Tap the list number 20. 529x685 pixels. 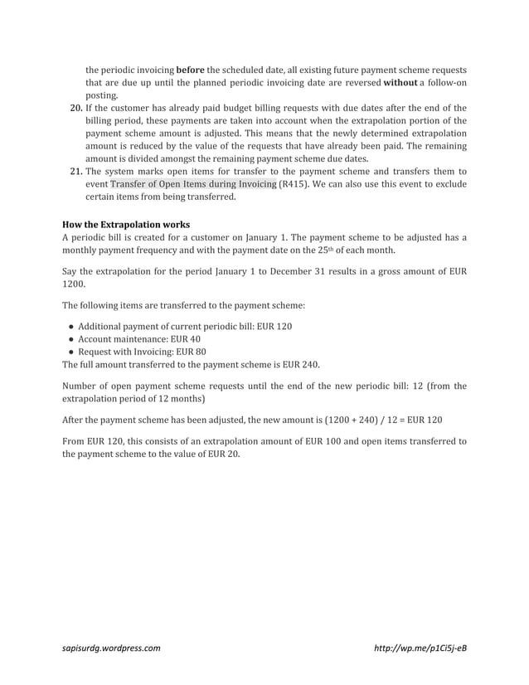click(72, 107)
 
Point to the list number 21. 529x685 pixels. click(72, 171)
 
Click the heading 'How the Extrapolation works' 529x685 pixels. click(126, 224)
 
